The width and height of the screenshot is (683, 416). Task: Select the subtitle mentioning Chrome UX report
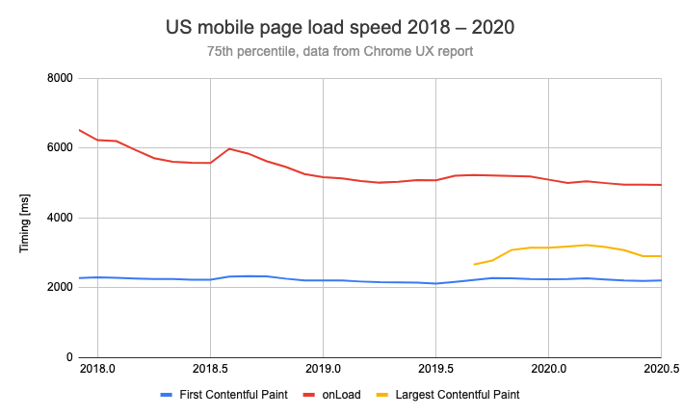coord(340,51)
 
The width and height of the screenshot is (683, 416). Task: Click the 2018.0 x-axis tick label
coord(97,369)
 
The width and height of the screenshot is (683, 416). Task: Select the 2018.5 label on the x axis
coord(210,369)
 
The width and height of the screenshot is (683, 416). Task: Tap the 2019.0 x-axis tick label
coord(323,369)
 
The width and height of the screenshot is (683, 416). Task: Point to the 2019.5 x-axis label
coord(435,369)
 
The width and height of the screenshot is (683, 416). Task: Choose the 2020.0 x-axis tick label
coord(548,369)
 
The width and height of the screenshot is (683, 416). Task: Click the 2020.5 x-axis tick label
coord(660,369)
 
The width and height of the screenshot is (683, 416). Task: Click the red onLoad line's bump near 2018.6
coord(229,148)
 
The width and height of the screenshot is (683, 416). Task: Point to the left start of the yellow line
coord(474,264)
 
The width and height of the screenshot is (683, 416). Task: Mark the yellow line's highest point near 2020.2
coord(586,245)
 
